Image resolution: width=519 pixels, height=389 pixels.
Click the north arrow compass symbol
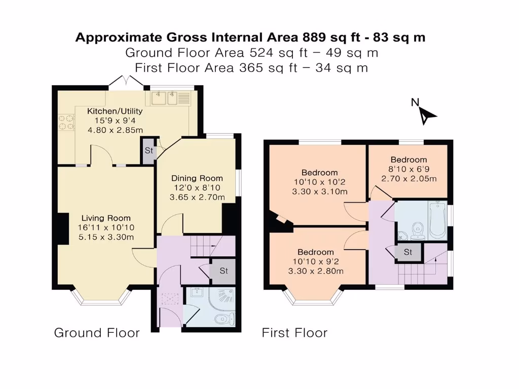pos(427,116)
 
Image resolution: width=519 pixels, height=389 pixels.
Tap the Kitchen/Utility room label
pos(115,111)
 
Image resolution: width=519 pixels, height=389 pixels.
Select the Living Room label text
pos(106,218)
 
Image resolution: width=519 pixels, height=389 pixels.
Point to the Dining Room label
pos(197,178)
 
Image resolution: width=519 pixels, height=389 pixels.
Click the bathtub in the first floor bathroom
pos(436,220)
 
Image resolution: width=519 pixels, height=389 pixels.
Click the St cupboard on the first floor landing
pos(407,252)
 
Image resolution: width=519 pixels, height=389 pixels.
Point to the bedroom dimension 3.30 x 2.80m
pos(315,271)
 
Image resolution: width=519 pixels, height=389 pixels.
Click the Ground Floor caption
pos(97,333)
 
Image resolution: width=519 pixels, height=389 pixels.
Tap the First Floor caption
pos(294,333)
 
